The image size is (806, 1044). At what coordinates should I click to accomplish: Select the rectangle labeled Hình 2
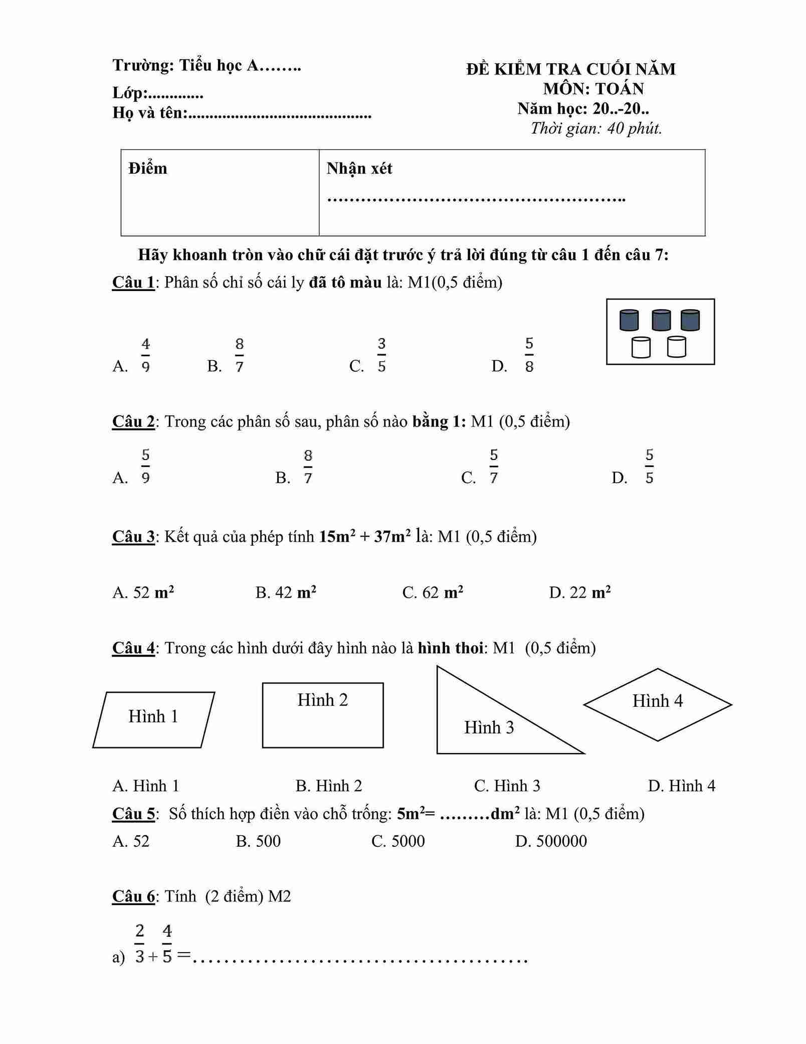tap(323, 715)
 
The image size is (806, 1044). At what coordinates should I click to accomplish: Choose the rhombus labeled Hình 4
tap(658, 704)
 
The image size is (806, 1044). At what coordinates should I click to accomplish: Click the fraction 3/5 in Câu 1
tap(381, 355)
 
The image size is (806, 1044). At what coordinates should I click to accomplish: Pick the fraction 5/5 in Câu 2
tap(649, 467)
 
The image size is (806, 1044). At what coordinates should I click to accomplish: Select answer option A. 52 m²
tap(143, 592)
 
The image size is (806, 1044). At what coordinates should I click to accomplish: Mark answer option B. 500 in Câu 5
tap(258, 841)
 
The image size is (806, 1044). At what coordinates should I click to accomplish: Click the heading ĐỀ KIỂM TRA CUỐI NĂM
tap(571, 69)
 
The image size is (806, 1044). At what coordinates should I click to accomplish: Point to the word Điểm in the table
tap(148, 169)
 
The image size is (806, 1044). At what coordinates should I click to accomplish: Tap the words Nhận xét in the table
tap(359, 169)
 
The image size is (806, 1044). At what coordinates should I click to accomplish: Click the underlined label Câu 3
tap(133, 536)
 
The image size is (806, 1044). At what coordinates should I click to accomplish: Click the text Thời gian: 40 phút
tap(596, 128)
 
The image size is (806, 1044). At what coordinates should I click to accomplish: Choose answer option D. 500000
tap(551, 841)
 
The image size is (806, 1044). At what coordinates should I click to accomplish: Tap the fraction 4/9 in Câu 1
tap(145, 355)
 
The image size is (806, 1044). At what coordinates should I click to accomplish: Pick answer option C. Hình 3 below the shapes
tap(507, 786)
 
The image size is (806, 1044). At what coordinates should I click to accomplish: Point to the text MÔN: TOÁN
tap(593, 89)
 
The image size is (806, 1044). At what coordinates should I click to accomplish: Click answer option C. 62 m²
tap(433, 592)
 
